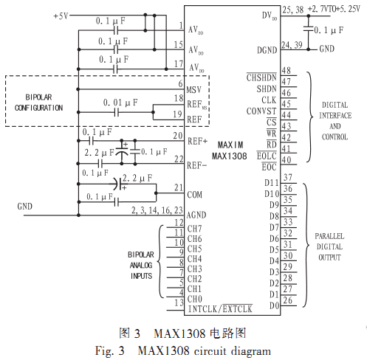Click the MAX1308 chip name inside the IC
click(229, 156)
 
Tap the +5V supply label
click(61, 16)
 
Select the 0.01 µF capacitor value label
click(120, 103)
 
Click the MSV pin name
click(194, 90)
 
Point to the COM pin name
click(194, 195)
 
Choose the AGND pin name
click(196, 215)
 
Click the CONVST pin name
click(261, 111)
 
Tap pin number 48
click(287, 71)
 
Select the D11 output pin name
click(272, 183)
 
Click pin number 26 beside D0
click(287, 300)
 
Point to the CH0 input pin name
click(194, 299)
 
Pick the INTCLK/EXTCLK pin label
click(220, 309)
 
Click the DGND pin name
click(267, 50)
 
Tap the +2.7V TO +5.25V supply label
click(334, 9)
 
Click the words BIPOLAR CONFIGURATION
click(38, 103)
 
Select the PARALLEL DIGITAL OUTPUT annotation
click(329, 246)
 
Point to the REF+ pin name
click(197, 142)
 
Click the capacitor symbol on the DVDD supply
click(309, 29)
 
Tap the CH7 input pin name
click(194, 229)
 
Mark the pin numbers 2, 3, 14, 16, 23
click(157, 210)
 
